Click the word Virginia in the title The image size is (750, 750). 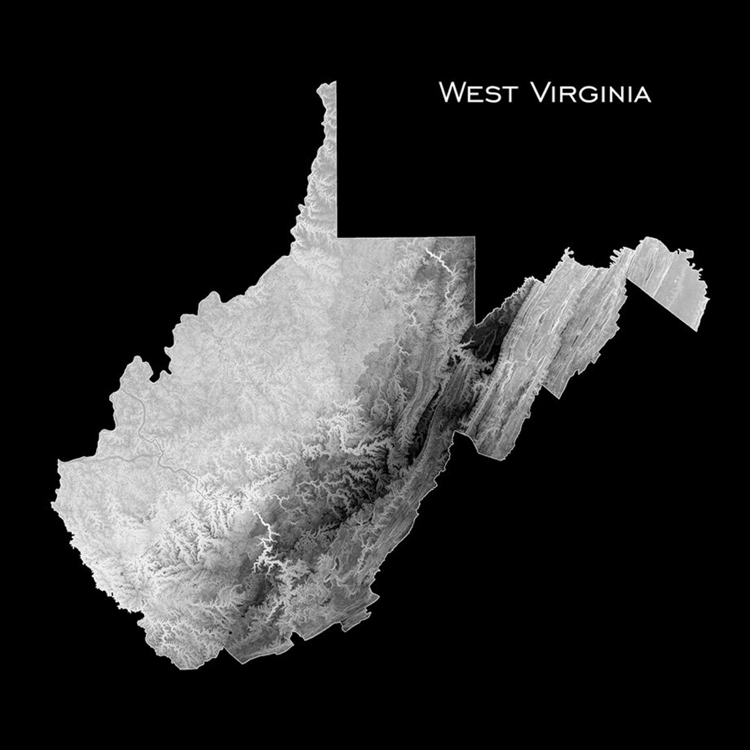(x=590, y=93)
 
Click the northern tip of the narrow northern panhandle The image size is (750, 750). (x=327, y=84)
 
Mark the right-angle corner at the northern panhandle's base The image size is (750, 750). (x=337, y=236)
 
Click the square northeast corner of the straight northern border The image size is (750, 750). (x=474, y=237)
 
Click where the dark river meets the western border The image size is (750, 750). (x=61, y=462)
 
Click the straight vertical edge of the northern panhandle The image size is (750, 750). (x=336, y=158)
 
